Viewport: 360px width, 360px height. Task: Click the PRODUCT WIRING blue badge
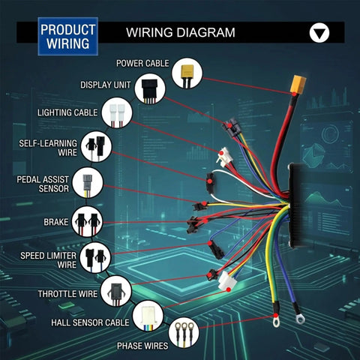[x=67, y=37]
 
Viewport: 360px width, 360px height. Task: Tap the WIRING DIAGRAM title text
[x=181, y=32]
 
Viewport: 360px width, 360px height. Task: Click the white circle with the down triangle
[x=319, y=33]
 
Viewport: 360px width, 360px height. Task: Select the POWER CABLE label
[x=142, y=64]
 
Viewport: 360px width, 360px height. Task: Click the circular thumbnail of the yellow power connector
[x=187, y=73]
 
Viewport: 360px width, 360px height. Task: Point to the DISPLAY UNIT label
[x=106, y=85]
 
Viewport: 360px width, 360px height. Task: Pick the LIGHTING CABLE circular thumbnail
[x=117, y=112]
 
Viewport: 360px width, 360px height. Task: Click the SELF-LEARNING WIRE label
[x=48, y=148]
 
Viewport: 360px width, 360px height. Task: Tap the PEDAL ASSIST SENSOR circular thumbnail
[x=88, y=183]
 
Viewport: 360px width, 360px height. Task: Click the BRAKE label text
[x=56, y=222]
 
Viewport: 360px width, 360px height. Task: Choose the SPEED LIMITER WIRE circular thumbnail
[x=95, y=257]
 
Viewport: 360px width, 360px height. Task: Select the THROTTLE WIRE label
[x=67, y=294]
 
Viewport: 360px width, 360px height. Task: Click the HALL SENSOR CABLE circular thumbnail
[x=148, y=316]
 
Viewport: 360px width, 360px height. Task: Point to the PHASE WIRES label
[x=142, y=346]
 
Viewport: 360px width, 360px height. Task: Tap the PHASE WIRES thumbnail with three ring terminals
[x=184, y=333]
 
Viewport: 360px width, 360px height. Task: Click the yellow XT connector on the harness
[x=298, y=85]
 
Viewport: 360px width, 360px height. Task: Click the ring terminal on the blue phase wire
[x=300, y=319]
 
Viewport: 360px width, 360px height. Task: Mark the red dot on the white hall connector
[x=229, y=289]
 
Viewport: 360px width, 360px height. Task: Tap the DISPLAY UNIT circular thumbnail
[x=150, y=88]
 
